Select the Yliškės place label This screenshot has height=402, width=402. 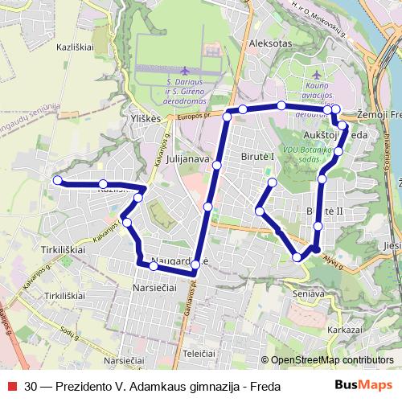click(146, 117)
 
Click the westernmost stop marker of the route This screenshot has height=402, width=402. click(57, 180)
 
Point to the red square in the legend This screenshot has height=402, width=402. click(11, 386)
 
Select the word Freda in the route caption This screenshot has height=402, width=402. click(264, 386)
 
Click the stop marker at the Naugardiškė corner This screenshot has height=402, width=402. click(195, 275)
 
